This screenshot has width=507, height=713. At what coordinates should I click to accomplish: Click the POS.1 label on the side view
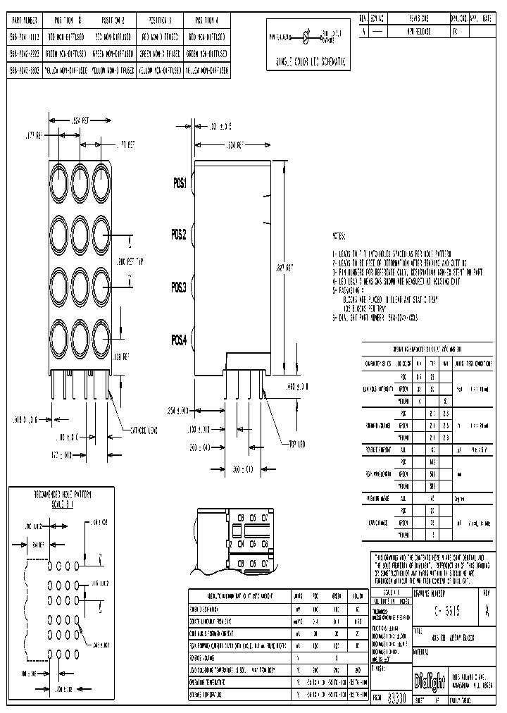180,183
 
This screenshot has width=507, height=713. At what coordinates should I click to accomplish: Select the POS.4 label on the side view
180,340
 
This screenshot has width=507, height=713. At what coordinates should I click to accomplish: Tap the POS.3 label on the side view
180,287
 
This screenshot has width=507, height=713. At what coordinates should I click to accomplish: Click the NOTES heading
339,237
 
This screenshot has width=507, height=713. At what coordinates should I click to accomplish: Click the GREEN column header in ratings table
337,595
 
